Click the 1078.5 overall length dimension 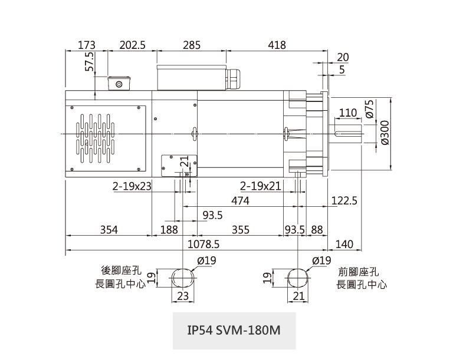(x=203, y=244)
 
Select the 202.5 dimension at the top (x=132, y=45)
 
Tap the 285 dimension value (x=192, y=45)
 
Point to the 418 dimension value (x=277, y=45)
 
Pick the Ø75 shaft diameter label (x=370, y=109)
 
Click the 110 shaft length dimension (x=348, y=113)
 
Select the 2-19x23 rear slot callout (x=132, y=186)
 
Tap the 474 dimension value (x=240, y=201)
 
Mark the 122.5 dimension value (x=344, y=201)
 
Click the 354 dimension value (x=109, y=230)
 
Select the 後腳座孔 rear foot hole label (x=121, y=271)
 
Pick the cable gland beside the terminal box (x=235, y=78)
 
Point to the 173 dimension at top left (x=86, y=45)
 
